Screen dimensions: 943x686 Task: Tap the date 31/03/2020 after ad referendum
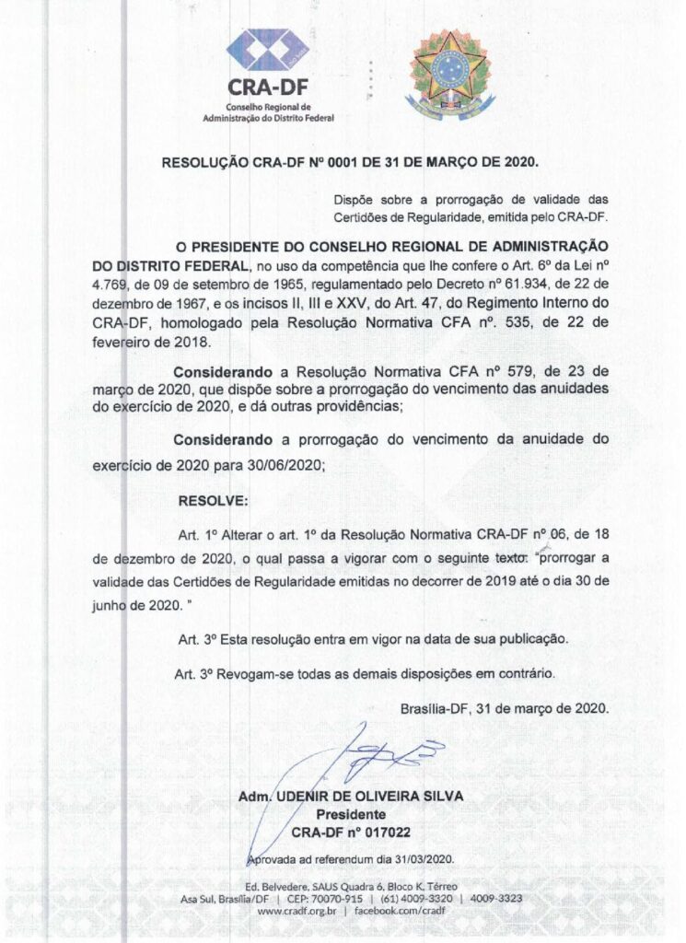[x=419, y=862]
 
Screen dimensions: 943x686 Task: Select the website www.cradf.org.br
[x=297, y=911]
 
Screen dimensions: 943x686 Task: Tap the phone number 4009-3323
[x=497, y=898]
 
